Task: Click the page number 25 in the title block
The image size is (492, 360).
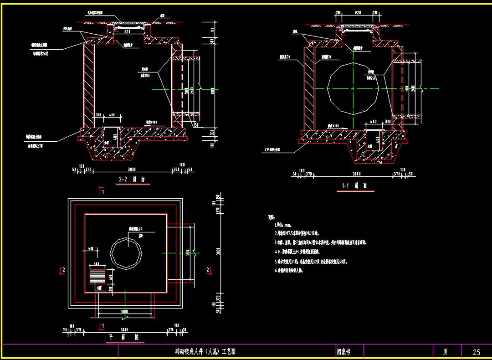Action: [x=477, y=352]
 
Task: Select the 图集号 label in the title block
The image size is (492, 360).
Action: [x=344, y=352]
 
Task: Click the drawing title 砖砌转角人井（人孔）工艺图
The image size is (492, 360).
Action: [x=205, y=352]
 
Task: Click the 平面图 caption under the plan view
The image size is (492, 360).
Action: [x=124, y=338]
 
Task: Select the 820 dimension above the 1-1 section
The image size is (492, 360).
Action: [x=358, y=13]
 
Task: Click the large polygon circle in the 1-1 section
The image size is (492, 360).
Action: [x=353, y=88]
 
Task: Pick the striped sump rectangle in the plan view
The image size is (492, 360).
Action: [x=97, y=275]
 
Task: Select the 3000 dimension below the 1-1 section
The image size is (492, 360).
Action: [x=356, y=174]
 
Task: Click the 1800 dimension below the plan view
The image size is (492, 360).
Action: [x=124, y=311]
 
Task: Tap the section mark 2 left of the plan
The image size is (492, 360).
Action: [x=63, y=270]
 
